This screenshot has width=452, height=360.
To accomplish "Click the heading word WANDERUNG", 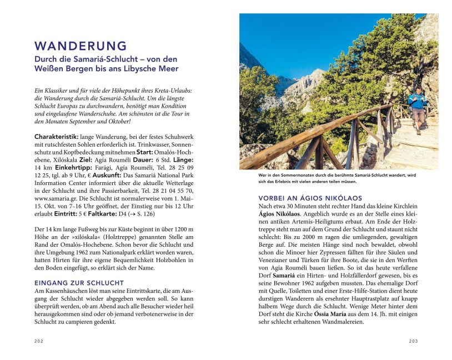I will tap(81, 46).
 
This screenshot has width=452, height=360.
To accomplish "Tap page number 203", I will tap(413, 341).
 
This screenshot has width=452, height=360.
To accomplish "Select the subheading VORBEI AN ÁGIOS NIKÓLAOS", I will tap(310, 198).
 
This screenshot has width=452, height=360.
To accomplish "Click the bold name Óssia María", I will tap(333, 314).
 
